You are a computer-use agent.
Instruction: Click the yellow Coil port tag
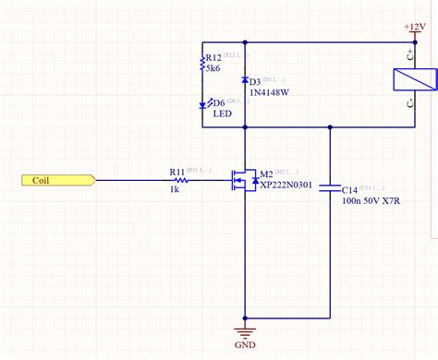pyautogui.click(x=55, y=181)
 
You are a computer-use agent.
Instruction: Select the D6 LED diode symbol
pyautogui.click(x=202, y=104)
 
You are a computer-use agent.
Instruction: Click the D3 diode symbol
pyautogui.click(x=244, y=81)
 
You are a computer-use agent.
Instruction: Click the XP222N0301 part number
pyautogui.click(x=286, y=185)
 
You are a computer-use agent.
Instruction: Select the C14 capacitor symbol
pyautogui.click(x=330, y=188)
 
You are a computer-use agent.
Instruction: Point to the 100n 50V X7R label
pyautogui.click(x=372, y=198)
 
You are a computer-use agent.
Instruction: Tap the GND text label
pyautogui.click(x=245, y=347)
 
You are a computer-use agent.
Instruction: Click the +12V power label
pyautogui.click(x=415, y=28)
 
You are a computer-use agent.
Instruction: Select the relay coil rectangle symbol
pyautogui.click(x=411, y=79)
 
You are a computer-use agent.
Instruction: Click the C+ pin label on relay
pyautogui.click(x=410, y=54)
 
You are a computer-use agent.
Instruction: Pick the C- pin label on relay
pyautogui.click(x=410, y=106)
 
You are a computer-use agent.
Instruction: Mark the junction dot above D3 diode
pyautogui.click(x=244, y=42)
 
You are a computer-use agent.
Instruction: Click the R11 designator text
pyautogui.click(x=176, y=171)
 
